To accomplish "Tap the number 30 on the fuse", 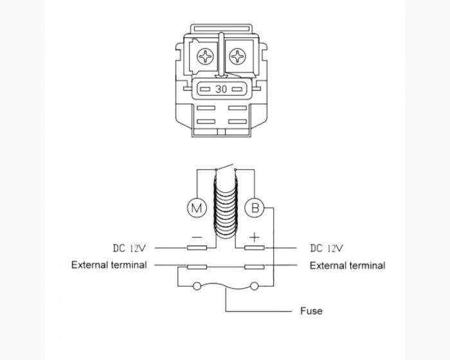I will [x=221, y=89].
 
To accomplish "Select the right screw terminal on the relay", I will [x=239, y=57].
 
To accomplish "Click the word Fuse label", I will [x=311, y=310].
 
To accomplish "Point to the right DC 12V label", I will [x=327, y=248].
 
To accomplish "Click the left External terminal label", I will [x=109, y=265].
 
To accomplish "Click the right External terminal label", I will [x=347, y=265].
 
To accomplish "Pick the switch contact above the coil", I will [x=225, y=168].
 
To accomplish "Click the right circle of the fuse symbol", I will [x=255, y=286].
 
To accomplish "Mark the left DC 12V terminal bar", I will [x=196, y=248].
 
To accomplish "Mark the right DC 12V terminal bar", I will [x=255, y=248].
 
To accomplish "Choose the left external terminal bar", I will [x=196, y=265].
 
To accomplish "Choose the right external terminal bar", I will [x=255, y=265].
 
